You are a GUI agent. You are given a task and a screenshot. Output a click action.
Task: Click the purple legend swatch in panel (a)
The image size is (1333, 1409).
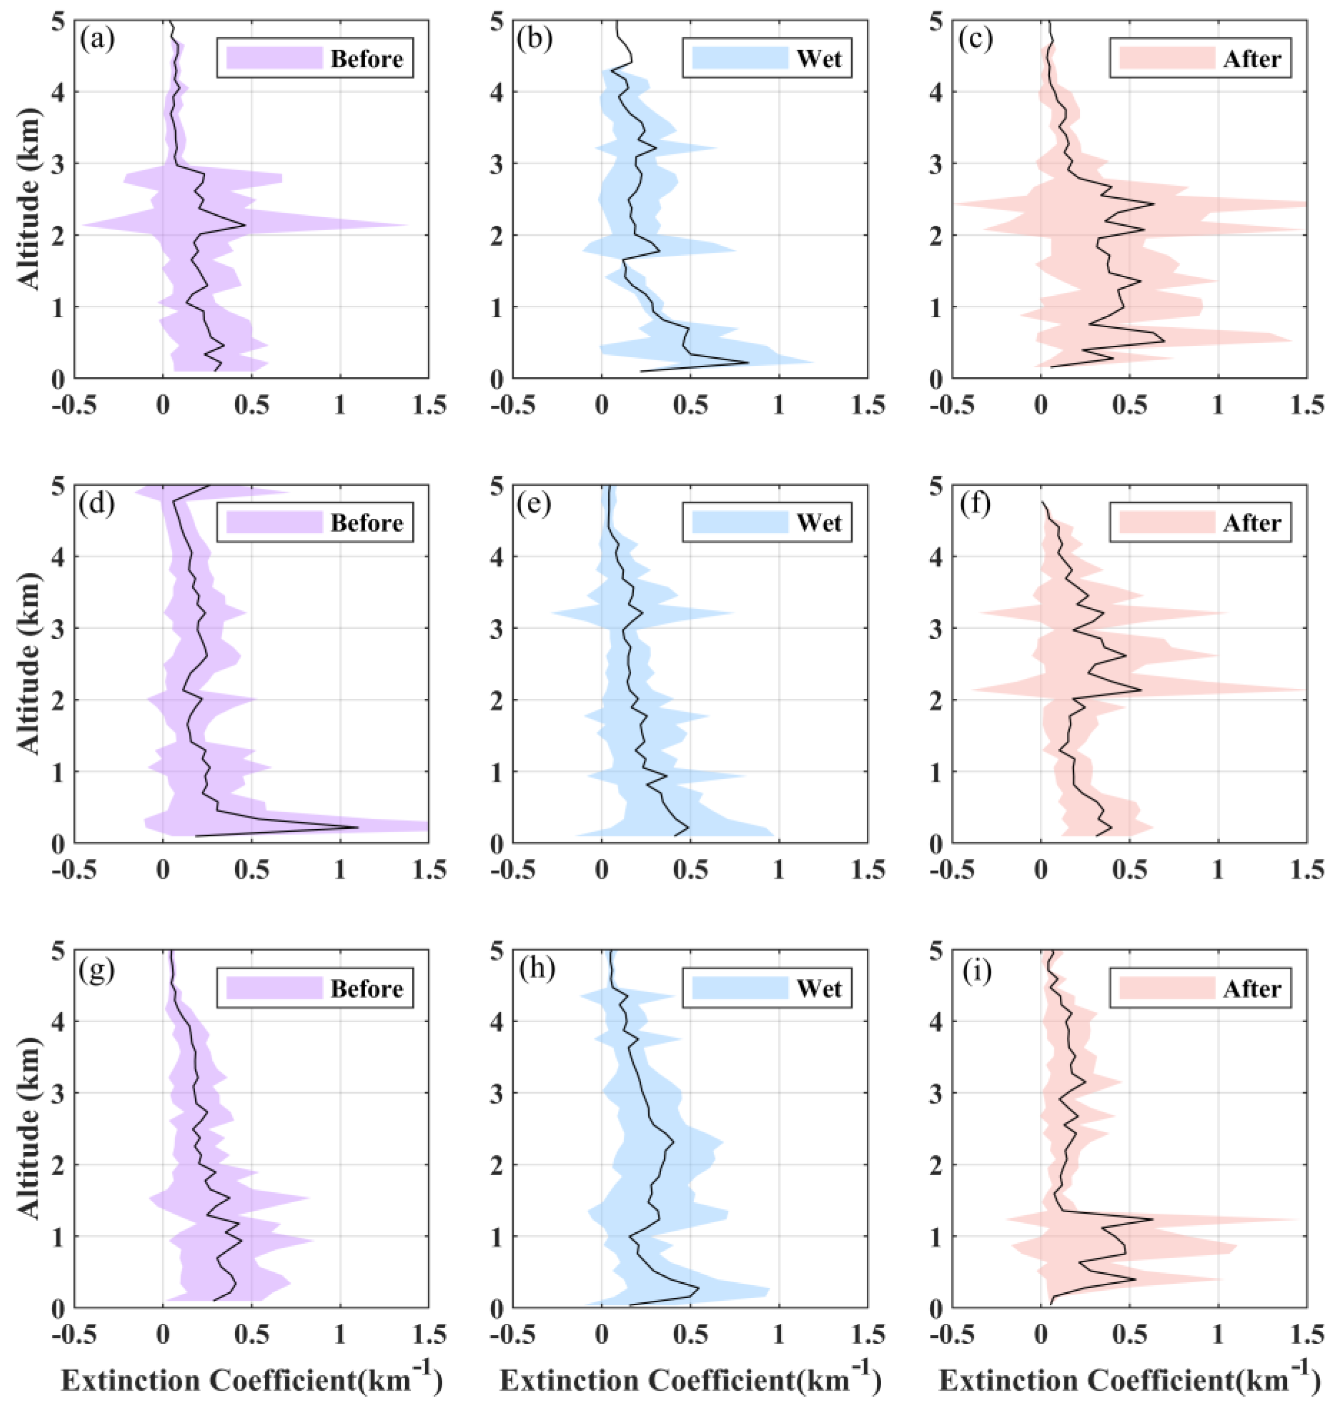point(274,58)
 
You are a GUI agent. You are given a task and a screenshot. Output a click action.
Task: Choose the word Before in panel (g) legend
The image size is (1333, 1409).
point(367,989)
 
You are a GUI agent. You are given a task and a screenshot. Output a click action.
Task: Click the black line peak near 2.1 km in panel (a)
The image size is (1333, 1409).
point(246,225)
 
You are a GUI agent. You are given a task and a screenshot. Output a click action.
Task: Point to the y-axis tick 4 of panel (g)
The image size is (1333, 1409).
point(60,1022)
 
